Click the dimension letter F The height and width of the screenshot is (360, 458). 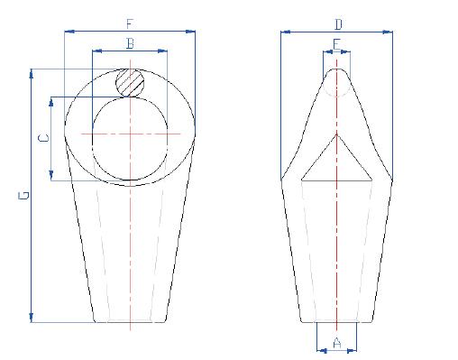tap(131, 24)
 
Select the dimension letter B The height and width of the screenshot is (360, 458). tap(131, 43)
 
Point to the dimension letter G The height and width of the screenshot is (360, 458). tap(24, 195)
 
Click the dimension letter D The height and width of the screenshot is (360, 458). tap(337, 24)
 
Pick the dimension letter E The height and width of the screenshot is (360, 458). tap(336, 43)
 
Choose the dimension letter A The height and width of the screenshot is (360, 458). tap(336, 342)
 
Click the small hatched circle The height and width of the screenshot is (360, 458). tap(131, 82)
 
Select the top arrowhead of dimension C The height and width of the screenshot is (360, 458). tap(51, 100)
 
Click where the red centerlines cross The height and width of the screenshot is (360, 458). tap(131, 135)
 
